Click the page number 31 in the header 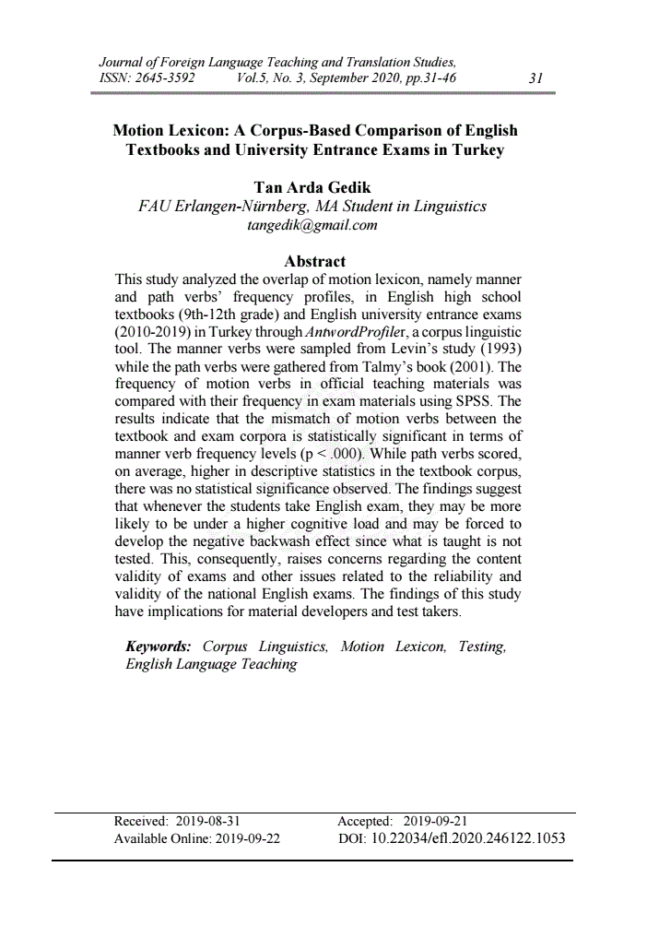pos(535,78)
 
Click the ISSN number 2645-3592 pos(165,78)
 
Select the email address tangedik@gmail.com pos(312,224)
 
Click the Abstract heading pos(315,261)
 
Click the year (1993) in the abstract pos(495,350)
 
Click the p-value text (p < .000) pos(333,454)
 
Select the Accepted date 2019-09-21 pos(437,821)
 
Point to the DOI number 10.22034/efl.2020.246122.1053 pos(467,838)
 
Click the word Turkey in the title pos(479,149)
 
